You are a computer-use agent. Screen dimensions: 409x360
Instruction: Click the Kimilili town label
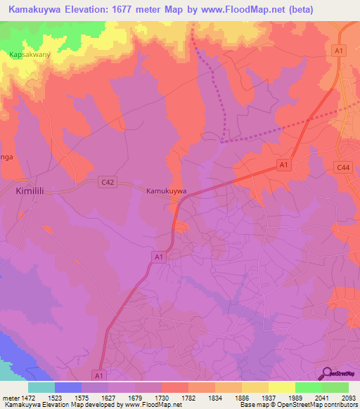coord(30,190)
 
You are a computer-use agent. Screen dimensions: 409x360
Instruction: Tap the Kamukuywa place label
coord(166,190)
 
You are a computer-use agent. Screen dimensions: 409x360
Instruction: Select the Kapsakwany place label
coord(29,54)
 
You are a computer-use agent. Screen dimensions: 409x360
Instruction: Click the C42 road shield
coord(108,182)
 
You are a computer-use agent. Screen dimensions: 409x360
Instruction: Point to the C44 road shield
coord(343,167)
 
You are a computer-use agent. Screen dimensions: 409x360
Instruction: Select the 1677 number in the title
coord(124,8)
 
